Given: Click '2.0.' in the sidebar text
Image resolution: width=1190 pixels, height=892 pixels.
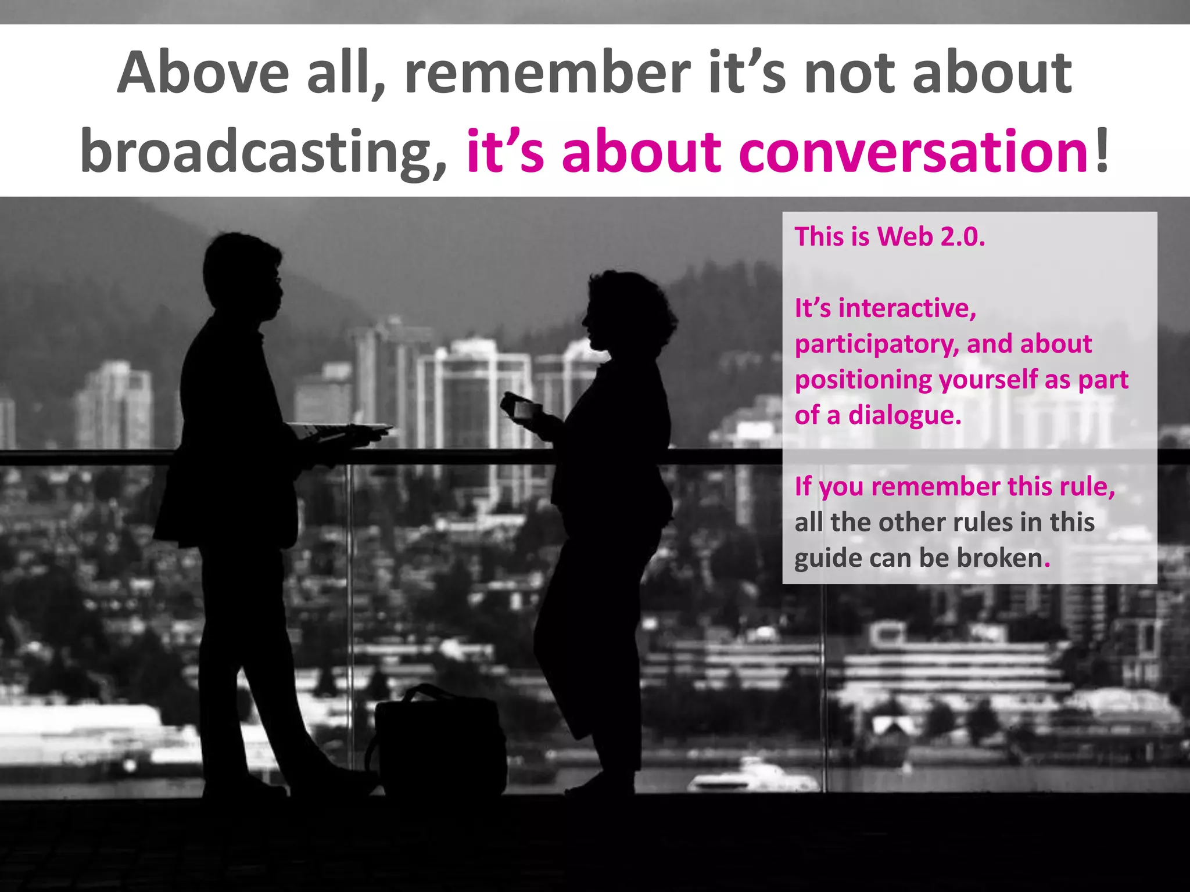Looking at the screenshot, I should point(963,237).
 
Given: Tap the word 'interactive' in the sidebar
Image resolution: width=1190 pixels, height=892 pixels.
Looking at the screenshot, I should point(906,308).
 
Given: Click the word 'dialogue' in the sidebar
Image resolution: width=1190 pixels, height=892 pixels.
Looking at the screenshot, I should point(905,416).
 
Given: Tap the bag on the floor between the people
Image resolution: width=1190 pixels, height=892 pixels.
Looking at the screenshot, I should point(439,740).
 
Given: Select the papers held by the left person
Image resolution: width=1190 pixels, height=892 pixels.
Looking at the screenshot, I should point(340,430).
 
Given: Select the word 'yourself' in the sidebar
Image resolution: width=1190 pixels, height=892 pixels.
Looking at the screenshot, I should point(988,380).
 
